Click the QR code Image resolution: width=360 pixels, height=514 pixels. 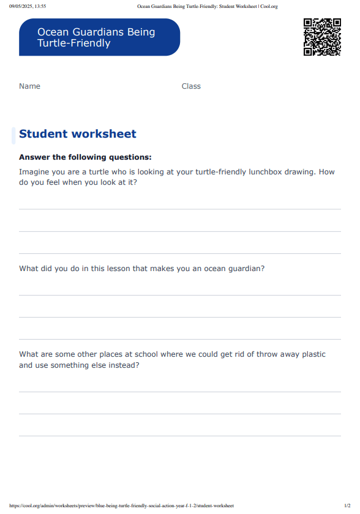click(x=322, y=37)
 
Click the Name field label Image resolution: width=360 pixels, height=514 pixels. click(x=29, y=86)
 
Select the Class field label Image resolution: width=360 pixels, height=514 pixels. click(x=191, y=86)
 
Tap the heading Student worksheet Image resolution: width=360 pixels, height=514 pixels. click(x=78, y=134)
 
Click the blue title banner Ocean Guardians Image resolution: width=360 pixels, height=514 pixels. click(x=99, y=37)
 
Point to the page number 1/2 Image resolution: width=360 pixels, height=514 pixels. click(x=347, y=505)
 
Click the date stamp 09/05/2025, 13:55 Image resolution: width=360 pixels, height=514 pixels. click(x=28, y=6)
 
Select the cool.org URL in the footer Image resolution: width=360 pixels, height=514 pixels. click(x=122, y=505)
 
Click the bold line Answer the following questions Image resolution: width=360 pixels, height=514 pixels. click(x=85, y=157)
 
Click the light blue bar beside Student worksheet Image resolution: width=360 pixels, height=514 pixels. click(x=13, y=135)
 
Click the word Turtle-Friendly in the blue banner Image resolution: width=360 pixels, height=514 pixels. click(x=74, y=43)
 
